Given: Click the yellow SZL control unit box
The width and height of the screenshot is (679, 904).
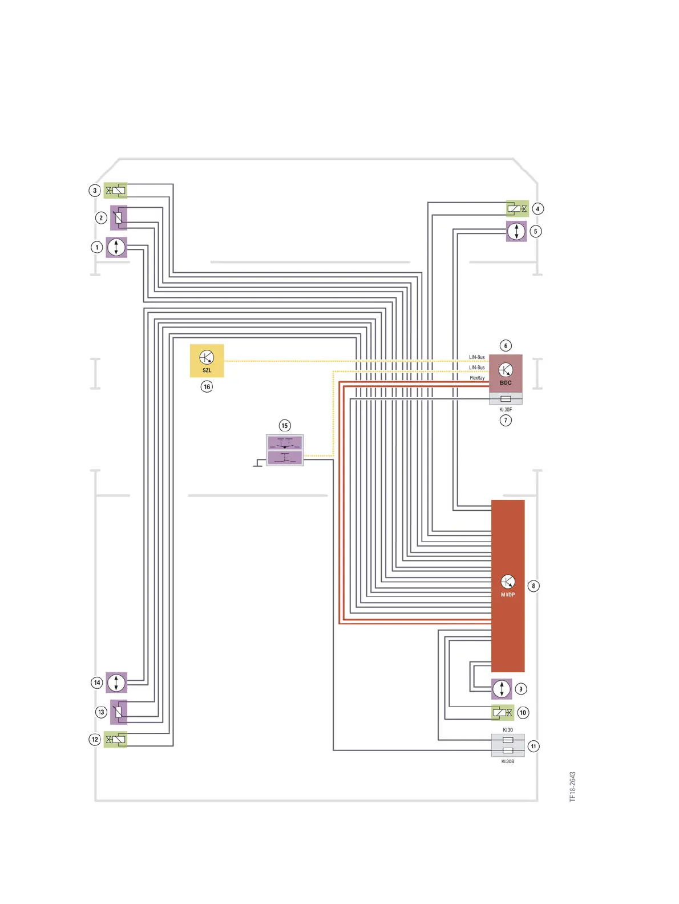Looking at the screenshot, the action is (207, 360).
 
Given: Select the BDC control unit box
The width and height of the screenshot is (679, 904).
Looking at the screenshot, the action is (506, 373).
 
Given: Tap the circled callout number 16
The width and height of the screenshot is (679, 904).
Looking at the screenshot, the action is (207, 387).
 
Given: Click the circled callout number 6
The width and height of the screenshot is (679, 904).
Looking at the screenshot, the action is (506, 346).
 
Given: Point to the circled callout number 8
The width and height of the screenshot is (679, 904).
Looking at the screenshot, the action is (533, 586).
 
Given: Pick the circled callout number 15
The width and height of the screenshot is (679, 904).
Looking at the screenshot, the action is (285, 426).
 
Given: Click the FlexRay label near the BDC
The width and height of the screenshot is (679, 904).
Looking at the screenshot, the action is (477, 378).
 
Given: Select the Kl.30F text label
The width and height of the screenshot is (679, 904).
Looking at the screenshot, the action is (506, 410).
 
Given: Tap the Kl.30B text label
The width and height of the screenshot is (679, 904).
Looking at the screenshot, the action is (507, 761).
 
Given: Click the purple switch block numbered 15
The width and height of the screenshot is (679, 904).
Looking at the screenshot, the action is (285, 450).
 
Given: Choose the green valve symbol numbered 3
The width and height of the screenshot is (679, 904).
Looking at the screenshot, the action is (115, 191).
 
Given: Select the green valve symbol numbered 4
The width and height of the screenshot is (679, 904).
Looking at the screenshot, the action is (517, 209).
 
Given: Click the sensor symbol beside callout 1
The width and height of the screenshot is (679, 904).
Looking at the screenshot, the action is (116, 247).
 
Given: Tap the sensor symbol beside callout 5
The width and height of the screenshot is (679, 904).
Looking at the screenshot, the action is (516, 232).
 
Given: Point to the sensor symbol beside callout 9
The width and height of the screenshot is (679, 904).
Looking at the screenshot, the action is (502, 689).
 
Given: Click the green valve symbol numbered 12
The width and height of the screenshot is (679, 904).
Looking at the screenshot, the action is (115, 740).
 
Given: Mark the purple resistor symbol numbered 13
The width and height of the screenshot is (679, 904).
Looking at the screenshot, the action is (118, 712).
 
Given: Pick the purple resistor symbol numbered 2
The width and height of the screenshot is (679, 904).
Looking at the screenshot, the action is (118, 217).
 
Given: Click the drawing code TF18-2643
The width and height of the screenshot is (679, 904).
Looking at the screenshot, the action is (573, 787).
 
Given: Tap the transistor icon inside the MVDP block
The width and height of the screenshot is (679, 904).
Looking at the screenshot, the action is (507, 582).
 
